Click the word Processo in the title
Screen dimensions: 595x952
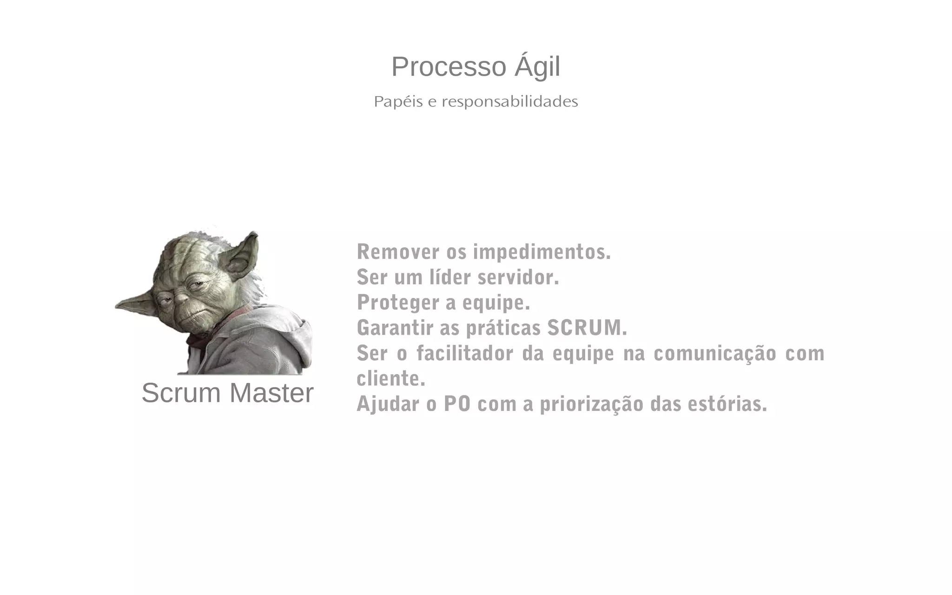(448, 67)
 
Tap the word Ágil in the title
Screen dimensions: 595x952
(537, 67)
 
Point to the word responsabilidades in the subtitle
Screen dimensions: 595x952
(509, 101)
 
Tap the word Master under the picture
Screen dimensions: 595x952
(271, 393)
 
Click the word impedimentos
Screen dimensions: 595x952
(542, 252)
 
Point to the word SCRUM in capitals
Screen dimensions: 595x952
(587, 328)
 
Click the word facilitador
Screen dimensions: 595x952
(465, 353)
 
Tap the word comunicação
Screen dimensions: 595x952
(715, 353)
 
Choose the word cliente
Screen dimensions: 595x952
(390, 378)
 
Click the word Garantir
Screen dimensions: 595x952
(395, 328)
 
